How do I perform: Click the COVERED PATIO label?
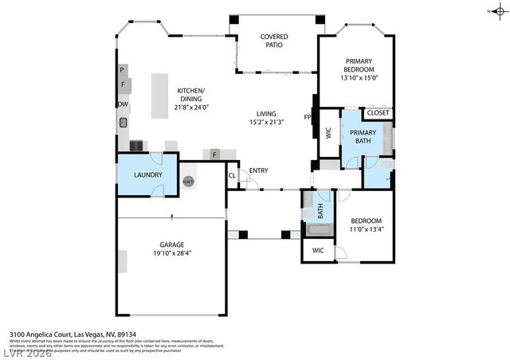coord(274,41)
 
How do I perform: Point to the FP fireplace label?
coord(308,117)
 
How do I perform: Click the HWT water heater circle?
coord(189,182)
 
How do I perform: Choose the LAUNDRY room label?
coord(148,175)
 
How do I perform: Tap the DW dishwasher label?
coord(123,104)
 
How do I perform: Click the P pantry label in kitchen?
coord(122,70)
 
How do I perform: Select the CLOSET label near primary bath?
coord(379,113)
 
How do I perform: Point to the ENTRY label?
coord(258,170)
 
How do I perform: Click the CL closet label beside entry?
coord(232,175)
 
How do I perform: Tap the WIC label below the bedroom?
coord(318,250)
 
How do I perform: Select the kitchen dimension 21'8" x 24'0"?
coord(191,99)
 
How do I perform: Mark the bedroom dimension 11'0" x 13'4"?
coord(367,229)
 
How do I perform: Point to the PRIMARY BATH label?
coord(363,137)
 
